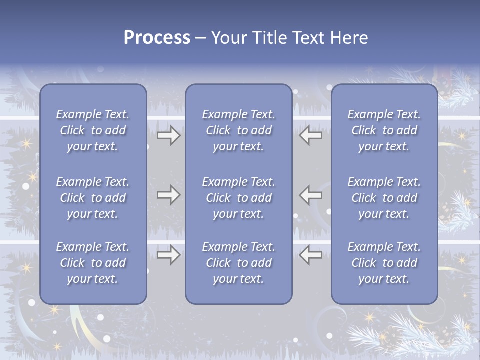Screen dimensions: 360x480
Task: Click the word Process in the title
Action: (157, 38)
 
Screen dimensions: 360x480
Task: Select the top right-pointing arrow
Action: (168, 135)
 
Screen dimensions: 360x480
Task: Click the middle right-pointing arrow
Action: (168, 195)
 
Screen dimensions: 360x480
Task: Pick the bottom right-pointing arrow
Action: (168, 255)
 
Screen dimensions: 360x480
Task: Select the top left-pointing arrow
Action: (311, 135)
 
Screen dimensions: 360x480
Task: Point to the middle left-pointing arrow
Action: (311, 195)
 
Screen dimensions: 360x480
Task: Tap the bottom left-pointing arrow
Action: (311, 255)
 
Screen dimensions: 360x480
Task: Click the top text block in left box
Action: (93, 130)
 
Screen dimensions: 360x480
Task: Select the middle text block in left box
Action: (93, 198)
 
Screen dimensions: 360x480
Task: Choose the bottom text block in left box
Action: (93, 263)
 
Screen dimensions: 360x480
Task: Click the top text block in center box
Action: (239, 130)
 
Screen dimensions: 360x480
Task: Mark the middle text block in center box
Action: (239, 198)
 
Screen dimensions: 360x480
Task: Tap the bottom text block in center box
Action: (239, 263)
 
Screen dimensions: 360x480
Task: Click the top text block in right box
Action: (384, 130)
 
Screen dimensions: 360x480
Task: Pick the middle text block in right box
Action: (384, 198)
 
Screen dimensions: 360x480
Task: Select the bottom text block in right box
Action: (384, 263)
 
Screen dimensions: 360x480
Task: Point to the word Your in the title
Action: (228, 38)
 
